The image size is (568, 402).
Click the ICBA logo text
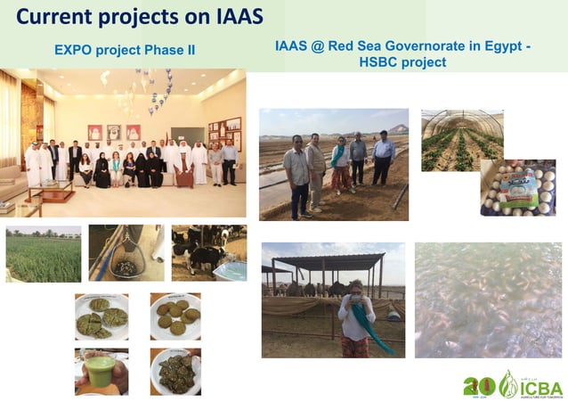point(540,389)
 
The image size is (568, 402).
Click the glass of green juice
point(100,368)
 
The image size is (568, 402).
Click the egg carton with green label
point(519,188)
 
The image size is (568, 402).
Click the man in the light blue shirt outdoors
point(384,157)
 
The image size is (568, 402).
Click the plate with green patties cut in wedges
point(101,316)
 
